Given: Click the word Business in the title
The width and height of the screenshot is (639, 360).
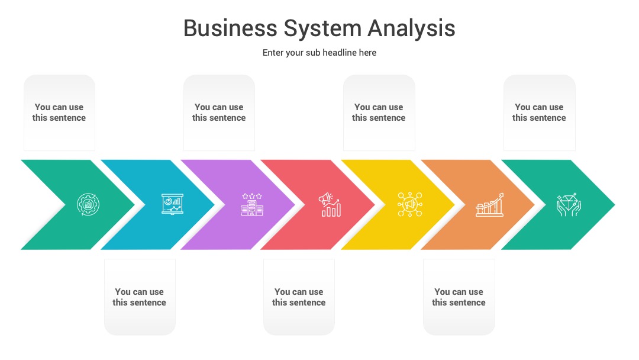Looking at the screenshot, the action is [230, 28].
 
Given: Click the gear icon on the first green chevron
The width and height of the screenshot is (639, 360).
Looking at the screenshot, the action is [88, 204].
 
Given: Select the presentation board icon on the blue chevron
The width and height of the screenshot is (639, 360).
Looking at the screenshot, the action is [172, 204].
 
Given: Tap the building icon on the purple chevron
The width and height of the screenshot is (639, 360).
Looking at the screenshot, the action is [252, 205].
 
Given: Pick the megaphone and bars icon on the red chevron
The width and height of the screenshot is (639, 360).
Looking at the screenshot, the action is [330, 205].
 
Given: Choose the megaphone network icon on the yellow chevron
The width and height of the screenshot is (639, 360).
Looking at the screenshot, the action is [410, 204].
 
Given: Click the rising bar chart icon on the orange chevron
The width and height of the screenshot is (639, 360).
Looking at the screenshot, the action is [489, 205].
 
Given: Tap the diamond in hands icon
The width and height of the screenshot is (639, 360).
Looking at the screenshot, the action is [569, 205].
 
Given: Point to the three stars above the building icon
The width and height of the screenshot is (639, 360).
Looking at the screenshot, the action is [252, 196].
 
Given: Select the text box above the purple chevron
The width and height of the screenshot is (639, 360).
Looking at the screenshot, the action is [220, 112].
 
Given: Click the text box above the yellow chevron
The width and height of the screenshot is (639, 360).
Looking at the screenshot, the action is [379, 112].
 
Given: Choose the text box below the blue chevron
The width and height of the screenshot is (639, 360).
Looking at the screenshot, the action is [140, 297].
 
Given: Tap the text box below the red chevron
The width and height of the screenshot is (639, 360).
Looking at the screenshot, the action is [299, 297].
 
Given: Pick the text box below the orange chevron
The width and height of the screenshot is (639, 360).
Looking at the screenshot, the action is [459, 297].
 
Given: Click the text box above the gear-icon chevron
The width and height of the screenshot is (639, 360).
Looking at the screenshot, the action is [60, 112].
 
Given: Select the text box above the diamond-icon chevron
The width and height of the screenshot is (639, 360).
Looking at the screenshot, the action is [540, 112].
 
